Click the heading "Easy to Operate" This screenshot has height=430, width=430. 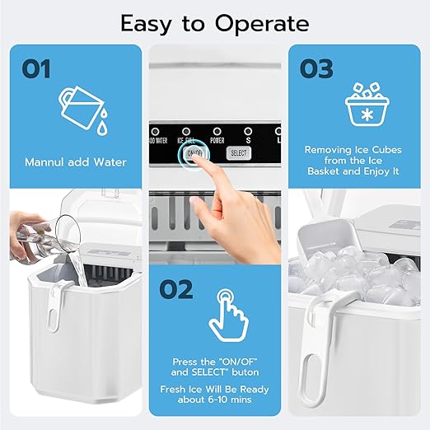point(215,22)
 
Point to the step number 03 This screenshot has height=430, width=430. point(316,69)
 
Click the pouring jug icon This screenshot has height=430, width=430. point(80,110)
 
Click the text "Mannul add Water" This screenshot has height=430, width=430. point(76,162)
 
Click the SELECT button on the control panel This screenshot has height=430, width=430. point(238,153)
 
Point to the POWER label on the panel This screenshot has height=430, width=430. point(217,139)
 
